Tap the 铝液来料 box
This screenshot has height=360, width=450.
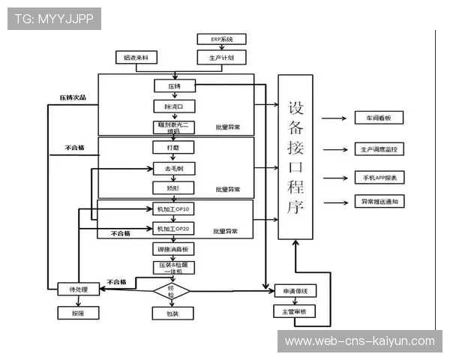[136, 57]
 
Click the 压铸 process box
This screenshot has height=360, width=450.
[174, 86]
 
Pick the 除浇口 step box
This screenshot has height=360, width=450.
[174, 106]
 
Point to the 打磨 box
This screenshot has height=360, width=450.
[174, 148]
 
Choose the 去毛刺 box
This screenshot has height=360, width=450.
[174, 168]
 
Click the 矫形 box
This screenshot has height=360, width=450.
[174, 187]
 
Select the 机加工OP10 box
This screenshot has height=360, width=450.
[174, 209]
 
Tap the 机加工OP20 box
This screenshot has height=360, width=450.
[174, 228]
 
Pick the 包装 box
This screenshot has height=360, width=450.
[172, 313]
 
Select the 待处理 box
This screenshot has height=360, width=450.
[78, 289]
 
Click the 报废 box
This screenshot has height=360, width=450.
[78, 313]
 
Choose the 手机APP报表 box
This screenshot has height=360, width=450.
[379, 178]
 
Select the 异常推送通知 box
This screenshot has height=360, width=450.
[379, 202]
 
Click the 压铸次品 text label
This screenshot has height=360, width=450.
[73, 97]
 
